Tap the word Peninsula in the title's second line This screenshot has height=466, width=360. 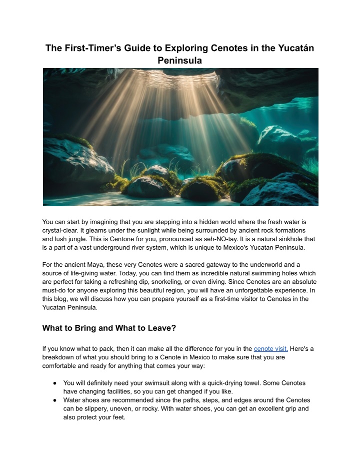point(180,61)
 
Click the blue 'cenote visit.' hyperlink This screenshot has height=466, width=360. point(270,348)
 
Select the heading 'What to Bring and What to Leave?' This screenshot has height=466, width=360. point(109,328)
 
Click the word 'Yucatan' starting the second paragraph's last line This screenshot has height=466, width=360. point(56,308)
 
